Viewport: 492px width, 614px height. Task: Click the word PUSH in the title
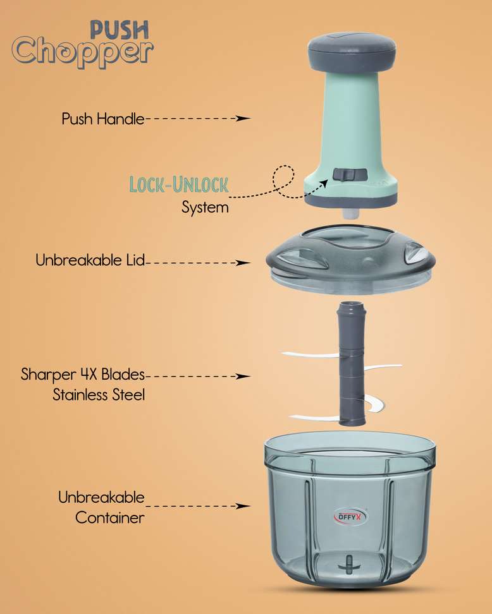(120, 30)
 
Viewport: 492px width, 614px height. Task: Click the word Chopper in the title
(82, 52)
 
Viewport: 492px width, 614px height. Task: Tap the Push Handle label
(103, 119)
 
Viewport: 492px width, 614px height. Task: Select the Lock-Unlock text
(179, 184)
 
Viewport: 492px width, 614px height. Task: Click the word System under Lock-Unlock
(205, 207)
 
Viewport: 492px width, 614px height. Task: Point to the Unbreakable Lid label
(90, 260)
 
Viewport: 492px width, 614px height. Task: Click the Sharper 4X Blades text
(83, 375)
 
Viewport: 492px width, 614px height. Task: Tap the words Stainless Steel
(99, 395)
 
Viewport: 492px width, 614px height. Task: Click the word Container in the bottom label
(110, 518)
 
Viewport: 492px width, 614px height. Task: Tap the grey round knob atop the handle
(352, 49)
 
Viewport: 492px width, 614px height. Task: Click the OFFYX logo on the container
(350, 517)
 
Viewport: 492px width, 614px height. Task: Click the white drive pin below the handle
(351, 213)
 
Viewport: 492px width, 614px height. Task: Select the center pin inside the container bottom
(348, 565)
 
